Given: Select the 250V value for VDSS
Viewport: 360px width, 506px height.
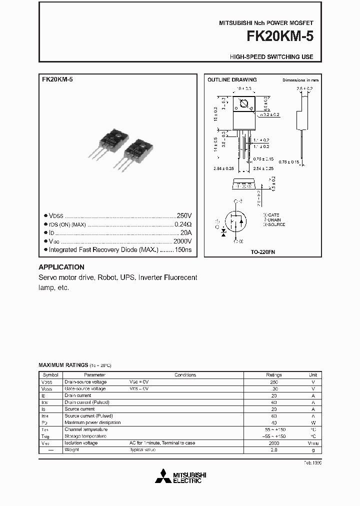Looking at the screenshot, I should coord(184,215).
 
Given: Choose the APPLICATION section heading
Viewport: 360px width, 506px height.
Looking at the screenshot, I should coord(61,267).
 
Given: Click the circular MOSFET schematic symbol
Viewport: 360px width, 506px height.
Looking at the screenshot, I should coord(235,220).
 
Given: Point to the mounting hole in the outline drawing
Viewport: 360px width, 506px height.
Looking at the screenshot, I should coord(244,104).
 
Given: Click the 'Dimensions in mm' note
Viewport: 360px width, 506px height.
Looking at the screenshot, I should coord(300,80).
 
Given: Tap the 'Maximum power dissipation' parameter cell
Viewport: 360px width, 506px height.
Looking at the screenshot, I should coord(92,422).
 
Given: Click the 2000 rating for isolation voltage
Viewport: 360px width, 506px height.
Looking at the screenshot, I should coord(273,443).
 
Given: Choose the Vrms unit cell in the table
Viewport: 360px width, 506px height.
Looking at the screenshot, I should coord(313,443).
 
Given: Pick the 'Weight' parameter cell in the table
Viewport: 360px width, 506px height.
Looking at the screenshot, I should coord(71,450).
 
